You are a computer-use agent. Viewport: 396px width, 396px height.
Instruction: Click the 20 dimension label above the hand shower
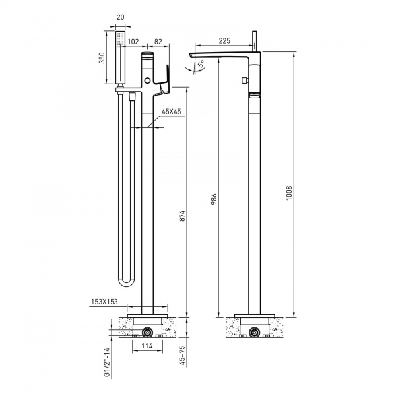121,17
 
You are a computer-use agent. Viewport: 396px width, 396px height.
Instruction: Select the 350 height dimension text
102,58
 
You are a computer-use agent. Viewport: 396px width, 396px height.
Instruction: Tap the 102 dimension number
133,42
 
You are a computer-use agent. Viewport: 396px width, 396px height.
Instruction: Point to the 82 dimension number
158,42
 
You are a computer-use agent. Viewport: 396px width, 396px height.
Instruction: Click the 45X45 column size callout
172,112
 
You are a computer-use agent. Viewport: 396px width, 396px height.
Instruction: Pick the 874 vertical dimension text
182,216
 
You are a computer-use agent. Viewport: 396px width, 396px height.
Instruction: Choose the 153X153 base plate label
104,302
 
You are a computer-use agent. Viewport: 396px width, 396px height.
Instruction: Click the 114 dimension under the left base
147,346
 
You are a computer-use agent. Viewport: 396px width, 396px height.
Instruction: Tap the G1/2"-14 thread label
108,362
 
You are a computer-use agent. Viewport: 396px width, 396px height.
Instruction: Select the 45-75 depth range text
182,356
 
